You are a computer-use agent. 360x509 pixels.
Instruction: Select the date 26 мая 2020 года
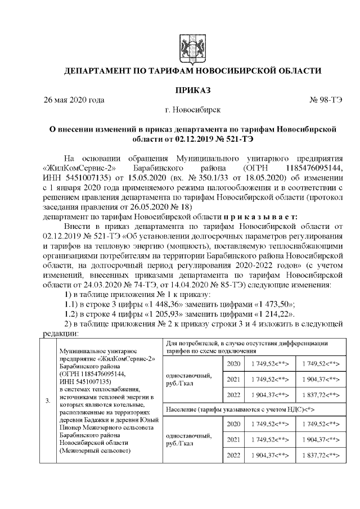[74, 101]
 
